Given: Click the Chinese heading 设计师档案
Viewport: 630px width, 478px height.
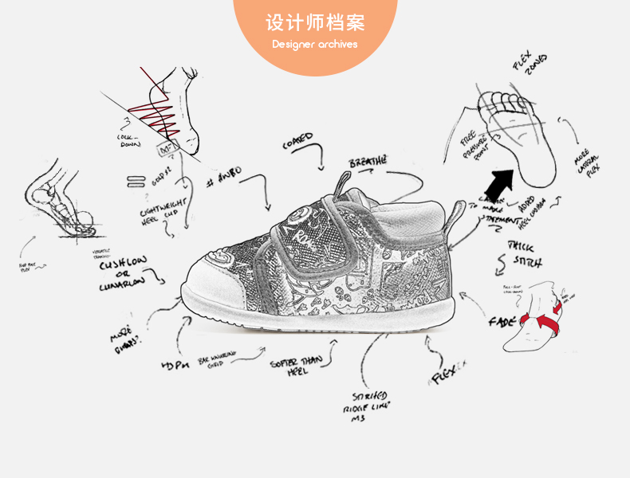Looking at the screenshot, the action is click(x=314, y=22).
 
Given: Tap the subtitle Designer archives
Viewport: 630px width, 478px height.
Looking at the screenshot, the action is click(x=314, y=45).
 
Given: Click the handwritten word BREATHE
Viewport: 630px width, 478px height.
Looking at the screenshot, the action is click(x=368, y=163).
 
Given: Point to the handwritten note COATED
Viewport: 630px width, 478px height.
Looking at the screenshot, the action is click(x=298, y=142).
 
